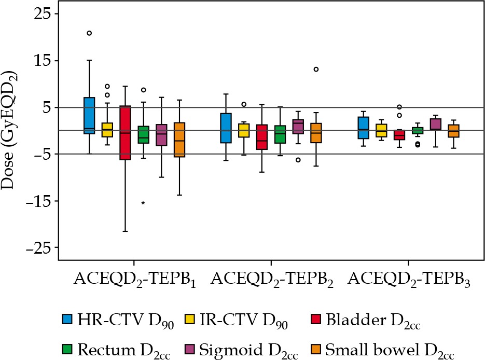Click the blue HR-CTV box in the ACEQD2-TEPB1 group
tap(89, 115)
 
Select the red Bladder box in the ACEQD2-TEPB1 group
tap(125, 133)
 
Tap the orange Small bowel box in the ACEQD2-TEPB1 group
tap(179, 140)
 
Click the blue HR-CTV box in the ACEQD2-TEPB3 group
tap(364, 128)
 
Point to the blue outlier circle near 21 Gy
tap(89, 33)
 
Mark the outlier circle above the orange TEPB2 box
tap(316, 69)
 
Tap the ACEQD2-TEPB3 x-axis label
tap(409, 280)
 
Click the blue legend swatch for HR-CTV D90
tap(67, 319)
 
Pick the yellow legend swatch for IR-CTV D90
tap(191, 319)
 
